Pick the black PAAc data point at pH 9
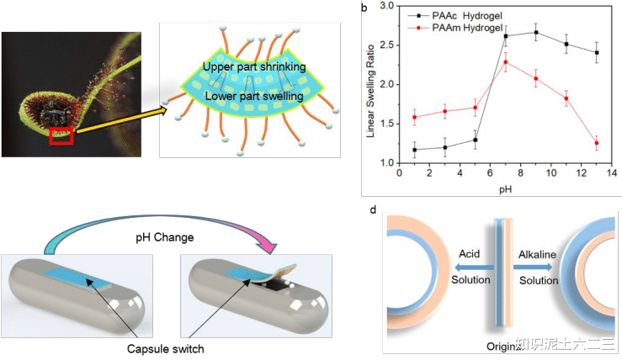[536, 33]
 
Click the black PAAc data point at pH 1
[415, 150]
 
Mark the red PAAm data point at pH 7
[506, 61]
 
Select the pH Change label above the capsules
[167, 237]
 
